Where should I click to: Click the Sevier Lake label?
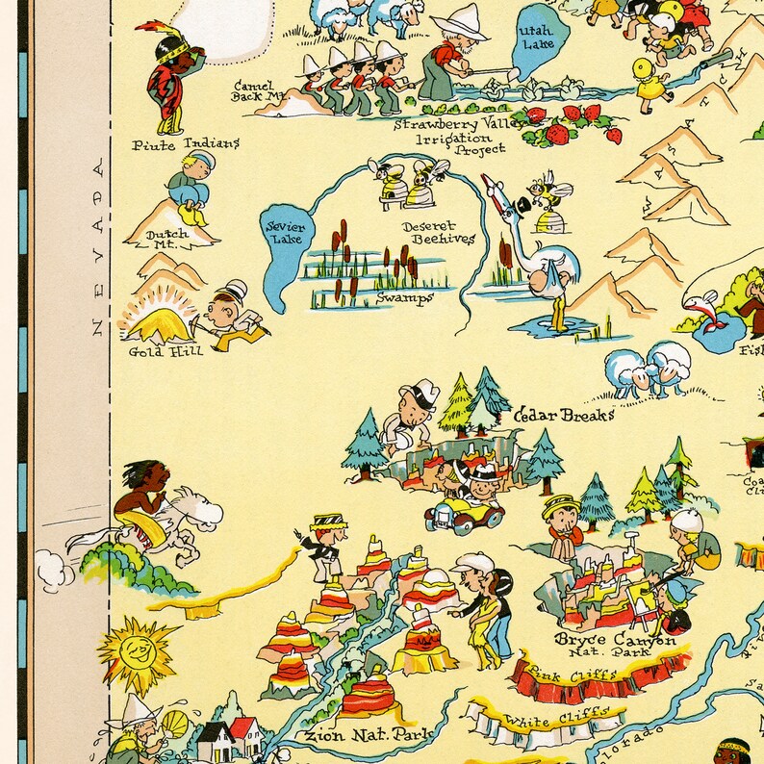(x=284, y=233)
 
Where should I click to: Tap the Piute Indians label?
(x=187, y=144)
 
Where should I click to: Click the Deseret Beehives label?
(x=438, y=233)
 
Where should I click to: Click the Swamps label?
(x=406, y=298)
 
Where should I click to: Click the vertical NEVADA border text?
(x=96, y=250)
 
